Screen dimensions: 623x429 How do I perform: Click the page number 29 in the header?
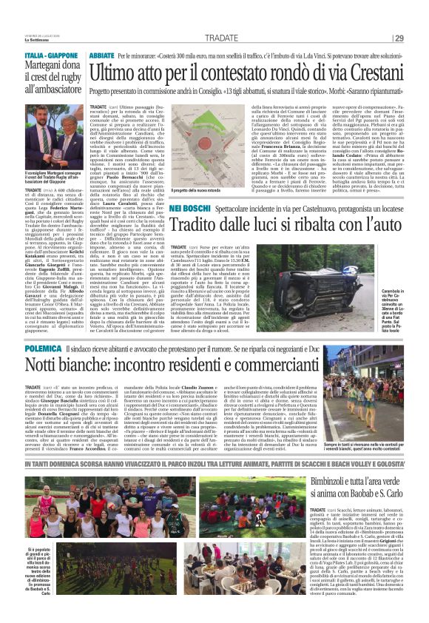coord(419,38)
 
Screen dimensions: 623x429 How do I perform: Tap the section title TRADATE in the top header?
coord(221,38)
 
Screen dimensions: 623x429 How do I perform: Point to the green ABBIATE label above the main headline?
coord(102,55)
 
